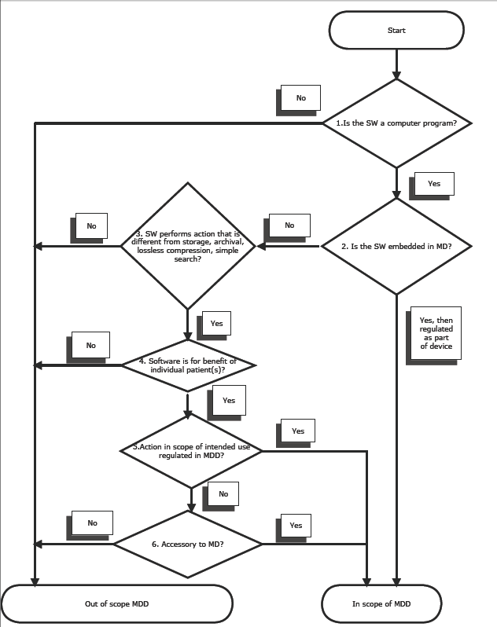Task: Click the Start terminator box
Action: [396, 31]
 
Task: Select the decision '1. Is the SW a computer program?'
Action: [397, 123]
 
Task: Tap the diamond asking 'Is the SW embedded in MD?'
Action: [397, 247]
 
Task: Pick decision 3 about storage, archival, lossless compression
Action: [188, 246]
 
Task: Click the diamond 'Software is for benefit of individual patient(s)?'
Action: [189, 365]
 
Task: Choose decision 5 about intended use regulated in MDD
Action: [190, 451]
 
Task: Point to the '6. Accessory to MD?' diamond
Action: [189, 544]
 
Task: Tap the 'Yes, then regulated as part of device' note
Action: [436, 333]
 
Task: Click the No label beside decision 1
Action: [300, 98]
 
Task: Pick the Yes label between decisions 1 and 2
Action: [433, 183]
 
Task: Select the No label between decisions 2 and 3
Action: [289, 225]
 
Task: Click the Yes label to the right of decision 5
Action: [298, 431]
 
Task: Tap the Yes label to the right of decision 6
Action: [296, 525]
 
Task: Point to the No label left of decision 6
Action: [93, 522]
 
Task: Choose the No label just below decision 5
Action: [223, 494]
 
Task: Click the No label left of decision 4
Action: [91, 345]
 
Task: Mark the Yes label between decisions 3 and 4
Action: [217, 323]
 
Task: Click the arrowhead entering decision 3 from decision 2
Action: [260, 247]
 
